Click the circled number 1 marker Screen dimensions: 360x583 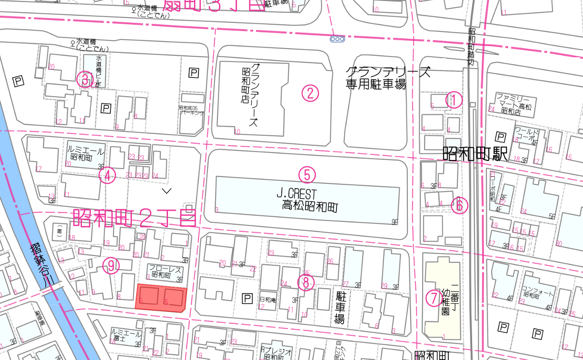pyautogui.click(x=454, y=100)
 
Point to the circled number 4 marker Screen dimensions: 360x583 pyautogui.click(x=108, y=176)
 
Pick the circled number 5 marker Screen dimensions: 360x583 pyautogui.click(x=307, y=175)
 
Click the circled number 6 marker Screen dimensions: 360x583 pyautogui.click(x=459, y=206)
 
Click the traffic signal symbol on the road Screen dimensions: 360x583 pyautogui.click(x=337, y=39)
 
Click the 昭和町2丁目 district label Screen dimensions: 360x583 pyautogui.click(x=135, y=217)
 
